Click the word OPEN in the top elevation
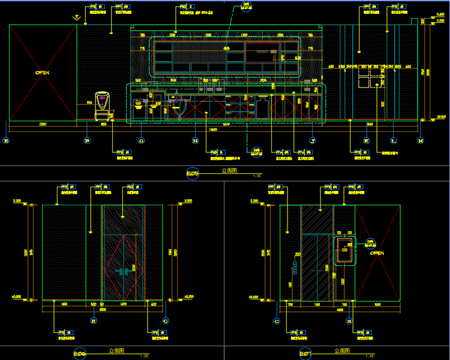42,73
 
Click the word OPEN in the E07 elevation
377,253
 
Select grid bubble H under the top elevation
195,141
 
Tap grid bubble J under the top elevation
313,141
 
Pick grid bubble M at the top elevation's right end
420,141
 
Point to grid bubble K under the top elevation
366,141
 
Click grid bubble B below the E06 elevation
93,321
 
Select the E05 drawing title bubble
193,175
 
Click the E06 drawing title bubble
79,353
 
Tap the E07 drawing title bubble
304,353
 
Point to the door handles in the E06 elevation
124,271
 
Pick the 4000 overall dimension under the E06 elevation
103,310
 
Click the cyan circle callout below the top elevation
256,150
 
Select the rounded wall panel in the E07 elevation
345,250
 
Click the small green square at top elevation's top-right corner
414,21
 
